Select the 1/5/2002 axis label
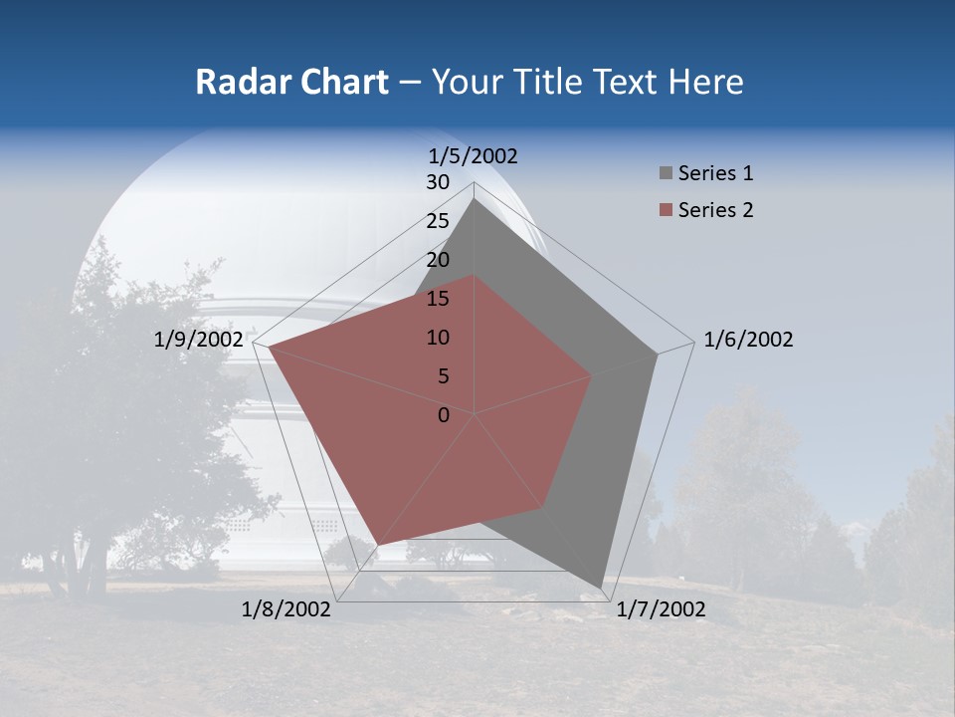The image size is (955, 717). point(474,155)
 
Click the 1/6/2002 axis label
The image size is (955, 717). point(748,340)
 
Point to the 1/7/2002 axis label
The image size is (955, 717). point(661,609)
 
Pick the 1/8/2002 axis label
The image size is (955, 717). point(286,609)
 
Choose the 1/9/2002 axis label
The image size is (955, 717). point(199,340)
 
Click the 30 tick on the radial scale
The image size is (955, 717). point(438,182)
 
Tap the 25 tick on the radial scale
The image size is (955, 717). point(438,221)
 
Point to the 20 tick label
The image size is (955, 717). point(438,260)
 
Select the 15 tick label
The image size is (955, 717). point(438,299)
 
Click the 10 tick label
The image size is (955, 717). point(438,338)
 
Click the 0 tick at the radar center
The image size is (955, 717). point(444,415)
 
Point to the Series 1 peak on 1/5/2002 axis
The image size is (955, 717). point(475,199)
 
